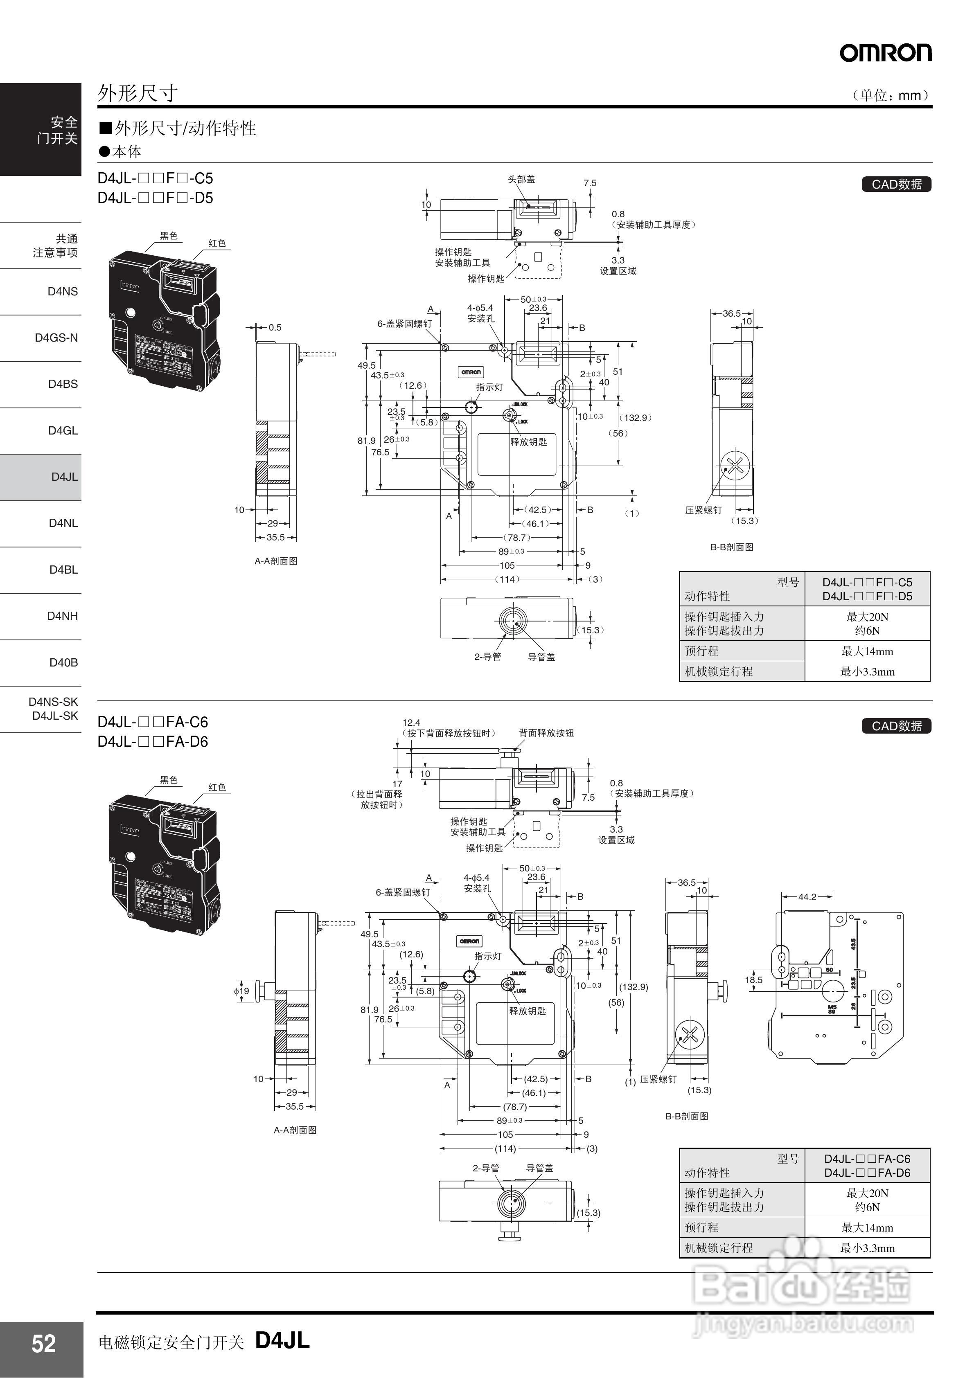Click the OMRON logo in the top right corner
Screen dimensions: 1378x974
pos(885,53)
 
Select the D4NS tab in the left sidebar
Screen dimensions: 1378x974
pos(63,292)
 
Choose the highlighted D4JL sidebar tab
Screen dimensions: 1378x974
pos(64,477)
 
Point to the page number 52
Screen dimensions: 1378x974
pos(43,1344)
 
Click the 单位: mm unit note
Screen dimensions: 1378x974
pos(891,95)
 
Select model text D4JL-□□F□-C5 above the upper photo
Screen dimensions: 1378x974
pos(155,178)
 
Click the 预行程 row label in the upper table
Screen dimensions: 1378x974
pos(701,651)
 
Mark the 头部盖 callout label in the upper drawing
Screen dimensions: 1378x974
pos(521,180)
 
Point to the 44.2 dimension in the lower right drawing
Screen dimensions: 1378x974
pos(807,897)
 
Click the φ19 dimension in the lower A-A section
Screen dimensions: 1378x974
pos(241,991)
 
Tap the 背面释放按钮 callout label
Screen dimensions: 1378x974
pos(546,733)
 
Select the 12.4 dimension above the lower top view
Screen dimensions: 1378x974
pos(411,723)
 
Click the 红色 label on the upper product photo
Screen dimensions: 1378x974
pos(217,243)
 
